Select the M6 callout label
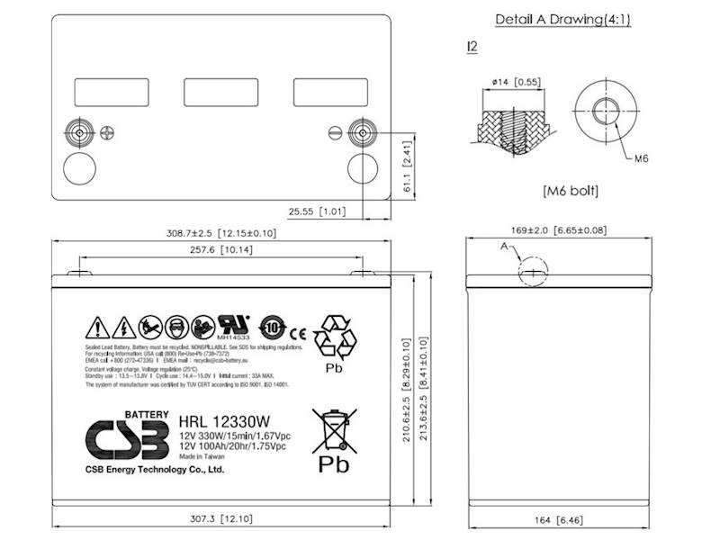tap(642, 158)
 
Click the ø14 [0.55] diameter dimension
tap(516, 83)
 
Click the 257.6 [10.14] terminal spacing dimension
tap(221, 251)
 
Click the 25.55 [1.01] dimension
tap(317, 212)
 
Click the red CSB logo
tap(127, 439)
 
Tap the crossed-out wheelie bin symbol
tap(330, 430)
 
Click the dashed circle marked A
tap(531, 270)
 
